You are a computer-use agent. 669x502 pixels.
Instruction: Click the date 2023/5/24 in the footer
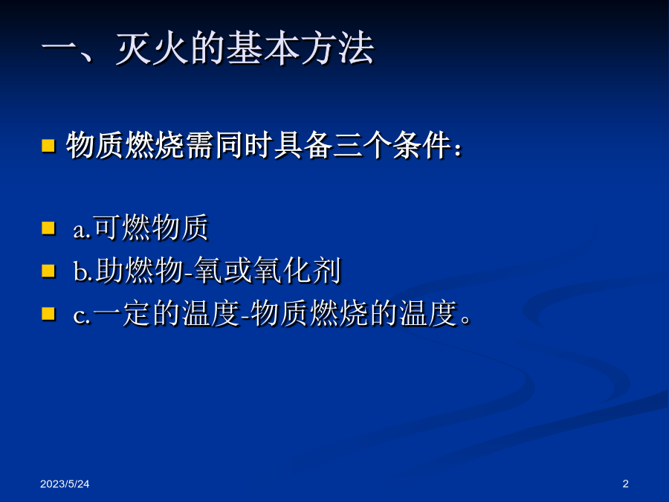65,483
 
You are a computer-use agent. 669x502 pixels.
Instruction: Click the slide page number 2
625,483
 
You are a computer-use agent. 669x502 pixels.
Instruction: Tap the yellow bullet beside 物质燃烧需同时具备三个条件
48,146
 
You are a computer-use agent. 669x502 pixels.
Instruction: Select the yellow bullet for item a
48,228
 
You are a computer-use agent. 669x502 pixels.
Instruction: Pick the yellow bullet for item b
48,271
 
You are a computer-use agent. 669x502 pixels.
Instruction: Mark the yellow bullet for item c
48,314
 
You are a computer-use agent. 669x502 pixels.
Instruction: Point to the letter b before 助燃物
80,271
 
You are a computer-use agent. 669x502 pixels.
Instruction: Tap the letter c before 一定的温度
79,317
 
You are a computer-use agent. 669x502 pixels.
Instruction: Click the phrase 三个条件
392,145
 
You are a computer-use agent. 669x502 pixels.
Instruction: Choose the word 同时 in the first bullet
244,145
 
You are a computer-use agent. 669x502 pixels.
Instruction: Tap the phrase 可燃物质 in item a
151,228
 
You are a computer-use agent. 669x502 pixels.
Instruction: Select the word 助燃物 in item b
140,271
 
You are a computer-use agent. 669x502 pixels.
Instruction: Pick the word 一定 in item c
123,314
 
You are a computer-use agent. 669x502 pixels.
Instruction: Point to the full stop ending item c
466,320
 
